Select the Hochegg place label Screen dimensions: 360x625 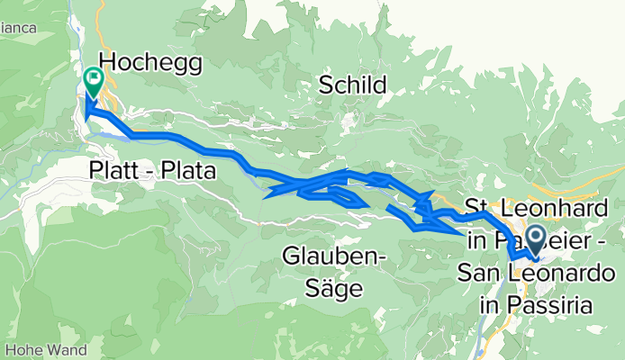click(150, 62)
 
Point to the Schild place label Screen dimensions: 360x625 click(353, 85)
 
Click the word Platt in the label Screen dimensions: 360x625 click(113, 169)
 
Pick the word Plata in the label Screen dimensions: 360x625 click(193, 169)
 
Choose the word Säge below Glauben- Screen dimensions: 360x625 click(335, 289)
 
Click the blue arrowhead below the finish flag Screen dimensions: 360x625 click(87, 112)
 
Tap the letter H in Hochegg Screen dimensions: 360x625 click(109, 62)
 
